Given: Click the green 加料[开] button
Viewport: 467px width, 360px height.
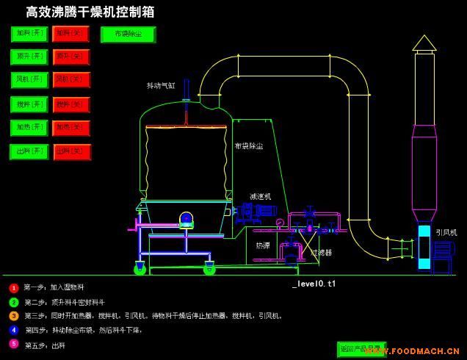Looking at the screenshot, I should [29, 34].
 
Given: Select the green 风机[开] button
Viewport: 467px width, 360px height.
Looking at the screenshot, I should [29, 79].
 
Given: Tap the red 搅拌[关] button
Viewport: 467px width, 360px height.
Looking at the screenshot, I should [71, 104].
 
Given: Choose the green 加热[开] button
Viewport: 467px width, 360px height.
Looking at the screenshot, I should [29, 128].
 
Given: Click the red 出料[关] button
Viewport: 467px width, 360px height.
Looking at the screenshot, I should [71, 152].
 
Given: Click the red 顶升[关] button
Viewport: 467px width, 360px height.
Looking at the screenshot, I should [71, 57].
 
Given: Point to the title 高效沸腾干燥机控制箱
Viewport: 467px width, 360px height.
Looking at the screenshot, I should [90, 12].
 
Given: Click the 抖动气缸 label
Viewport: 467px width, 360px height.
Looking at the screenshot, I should [162, 86].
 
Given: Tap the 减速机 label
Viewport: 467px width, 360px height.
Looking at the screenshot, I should [261, 197].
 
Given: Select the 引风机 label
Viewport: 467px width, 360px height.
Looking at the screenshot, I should [446, 232].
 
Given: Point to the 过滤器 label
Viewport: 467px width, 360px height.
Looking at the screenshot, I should [322, 252].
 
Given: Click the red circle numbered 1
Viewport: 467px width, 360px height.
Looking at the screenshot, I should [13, 288].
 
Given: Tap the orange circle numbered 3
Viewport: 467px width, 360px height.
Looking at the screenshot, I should [13, 316].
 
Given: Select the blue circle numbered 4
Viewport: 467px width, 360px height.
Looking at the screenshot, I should [13, 330].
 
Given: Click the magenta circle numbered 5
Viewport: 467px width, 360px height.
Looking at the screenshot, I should [13, 344].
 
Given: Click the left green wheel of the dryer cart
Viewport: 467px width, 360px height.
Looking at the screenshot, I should [140, 270].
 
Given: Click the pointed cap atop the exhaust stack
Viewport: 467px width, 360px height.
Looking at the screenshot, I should [424, 43].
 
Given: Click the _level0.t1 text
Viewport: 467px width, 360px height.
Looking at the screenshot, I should [314, 283].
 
